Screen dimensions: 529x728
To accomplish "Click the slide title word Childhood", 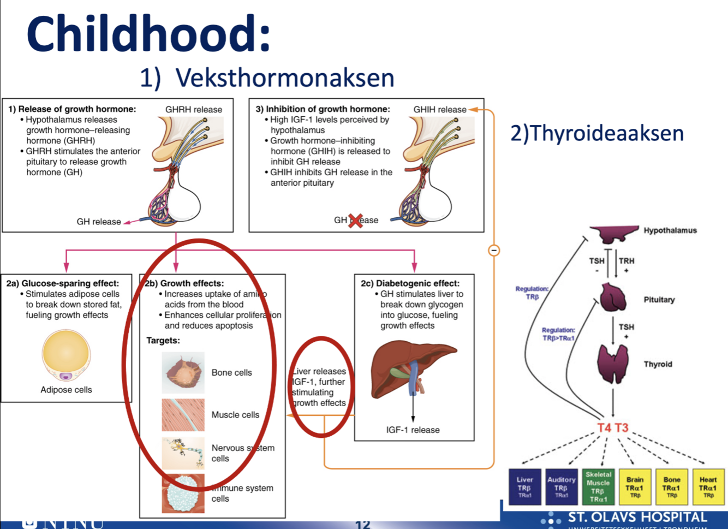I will point(148,34).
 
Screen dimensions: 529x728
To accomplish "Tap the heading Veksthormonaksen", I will point(284,78).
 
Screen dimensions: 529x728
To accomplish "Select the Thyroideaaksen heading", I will point(597,134).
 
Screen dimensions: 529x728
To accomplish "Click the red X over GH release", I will point(356,221).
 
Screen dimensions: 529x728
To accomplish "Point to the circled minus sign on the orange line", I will point(494,251).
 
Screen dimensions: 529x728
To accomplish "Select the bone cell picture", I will point(183,373).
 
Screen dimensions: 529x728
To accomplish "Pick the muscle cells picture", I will point(183,415).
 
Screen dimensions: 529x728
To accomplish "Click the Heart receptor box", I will point(708,487).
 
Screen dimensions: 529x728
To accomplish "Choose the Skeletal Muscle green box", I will point(598,487).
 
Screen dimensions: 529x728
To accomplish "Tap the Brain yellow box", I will point(635,487).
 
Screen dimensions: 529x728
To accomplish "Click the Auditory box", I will point(562,487).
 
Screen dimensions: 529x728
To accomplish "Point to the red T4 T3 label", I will point(613,428).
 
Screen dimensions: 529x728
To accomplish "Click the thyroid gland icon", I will point(613,363).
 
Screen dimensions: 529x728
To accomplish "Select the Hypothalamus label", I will point(670,230).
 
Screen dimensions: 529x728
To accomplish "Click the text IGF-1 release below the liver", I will point(413,430).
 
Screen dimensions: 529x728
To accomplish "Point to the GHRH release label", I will point(194,110).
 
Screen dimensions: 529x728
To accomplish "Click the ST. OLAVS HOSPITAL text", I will point(637,517).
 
